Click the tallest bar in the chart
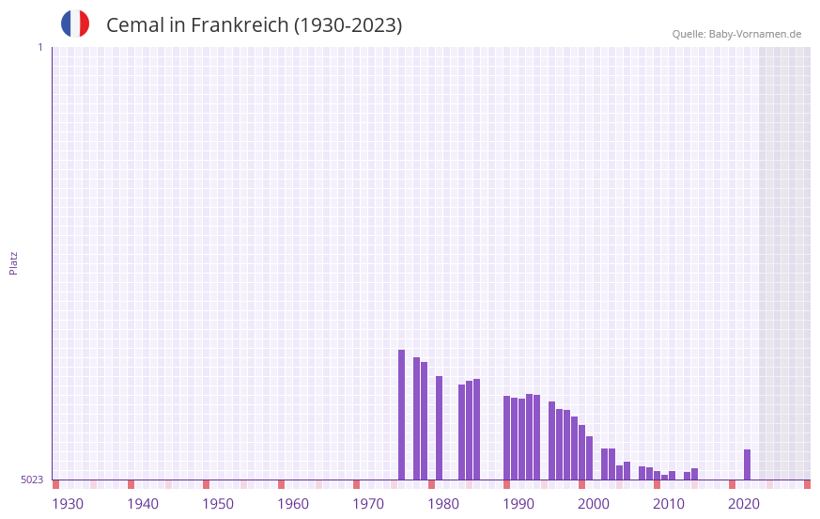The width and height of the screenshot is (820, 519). tap(401, 415)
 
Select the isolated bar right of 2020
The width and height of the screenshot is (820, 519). tap(747, 464)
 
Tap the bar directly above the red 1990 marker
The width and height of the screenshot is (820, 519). tap(506, 437)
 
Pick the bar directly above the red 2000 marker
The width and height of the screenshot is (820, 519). tap(581, 452)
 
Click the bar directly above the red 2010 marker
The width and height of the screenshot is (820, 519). tap(657, 475)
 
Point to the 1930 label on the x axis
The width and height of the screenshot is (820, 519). tap(68, 504)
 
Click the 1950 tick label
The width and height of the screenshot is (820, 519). tap(218, 504)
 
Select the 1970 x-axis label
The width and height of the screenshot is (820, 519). tap(368, 504)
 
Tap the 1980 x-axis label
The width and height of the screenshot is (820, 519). tap(443, 504)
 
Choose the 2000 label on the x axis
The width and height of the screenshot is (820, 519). tap(594, 504)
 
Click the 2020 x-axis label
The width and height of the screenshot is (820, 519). tap(744, 504)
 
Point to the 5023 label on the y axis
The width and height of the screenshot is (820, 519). tap(32, 480)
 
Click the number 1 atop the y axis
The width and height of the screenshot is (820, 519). tap(39, 47)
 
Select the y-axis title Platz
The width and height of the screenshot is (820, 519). tap(13, 262)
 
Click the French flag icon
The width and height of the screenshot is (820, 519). tap(75, 24)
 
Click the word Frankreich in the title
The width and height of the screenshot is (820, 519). tap(240, 25)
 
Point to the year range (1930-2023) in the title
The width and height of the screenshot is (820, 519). tap(348, 25)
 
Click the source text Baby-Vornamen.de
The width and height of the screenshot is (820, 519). tap(755, 34)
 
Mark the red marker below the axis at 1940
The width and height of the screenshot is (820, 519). tap(131, 484)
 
